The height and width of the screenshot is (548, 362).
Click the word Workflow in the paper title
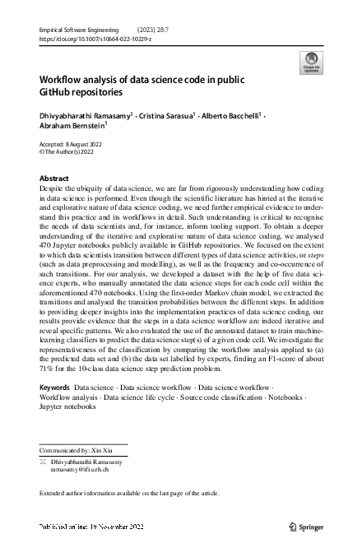point(62,79)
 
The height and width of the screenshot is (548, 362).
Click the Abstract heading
point(54,179)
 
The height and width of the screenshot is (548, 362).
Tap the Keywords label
point(54,386)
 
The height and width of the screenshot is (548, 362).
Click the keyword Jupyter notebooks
point(69,406)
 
